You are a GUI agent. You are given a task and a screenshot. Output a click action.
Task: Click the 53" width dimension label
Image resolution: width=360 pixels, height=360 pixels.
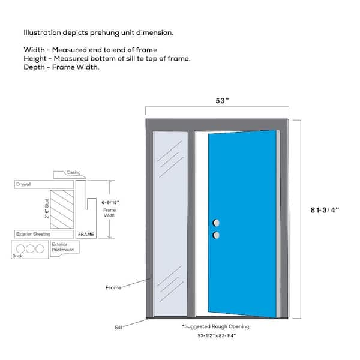[x=222, y=101]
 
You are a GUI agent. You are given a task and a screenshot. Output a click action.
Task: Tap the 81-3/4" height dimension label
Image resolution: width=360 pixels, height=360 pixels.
[x=325, y=210]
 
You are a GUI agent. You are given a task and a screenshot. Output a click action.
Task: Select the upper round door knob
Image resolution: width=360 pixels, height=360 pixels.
[x=216, y=223]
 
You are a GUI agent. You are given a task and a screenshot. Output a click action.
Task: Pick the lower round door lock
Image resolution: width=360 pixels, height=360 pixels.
[x=216, y=235]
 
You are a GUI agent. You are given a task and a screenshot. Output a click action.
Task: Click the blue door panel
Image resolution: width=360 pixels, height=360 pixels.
[x=242, y=224]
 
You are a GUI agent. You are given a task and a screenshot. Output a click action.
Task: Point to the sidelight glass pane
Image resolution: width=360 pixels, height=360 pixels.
[x=170, y=224]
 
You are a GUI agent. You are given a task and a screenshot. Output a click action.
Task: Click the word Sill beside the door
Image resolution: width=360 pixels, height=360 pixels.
[x=118, y=328]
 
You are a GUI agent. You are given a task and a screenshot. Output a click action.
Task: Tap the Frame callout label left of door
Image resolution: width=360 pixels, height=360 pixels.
[x=113, y=287]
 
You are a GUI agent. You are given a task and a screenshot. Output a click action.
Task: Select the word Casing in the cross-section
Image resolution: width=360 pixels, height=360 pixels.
[x=73, y=172]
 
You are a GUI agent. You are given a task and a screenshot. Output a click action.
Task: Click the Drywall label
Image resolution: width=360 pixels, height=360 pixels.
[x=23, y=184]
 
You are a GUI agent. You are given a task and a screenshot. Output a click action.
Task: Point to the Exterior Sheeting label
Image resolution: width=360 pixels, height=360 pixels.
[x=33, y=234]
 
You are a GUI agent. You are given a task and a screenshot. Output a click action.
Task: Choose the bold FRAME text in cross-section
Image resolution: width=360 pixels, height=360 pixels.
[x=86, y=235]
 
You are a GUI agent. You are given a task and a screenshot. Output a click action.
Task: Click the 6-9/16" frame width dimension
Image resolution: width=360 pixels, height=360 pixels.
[x=110, y=203]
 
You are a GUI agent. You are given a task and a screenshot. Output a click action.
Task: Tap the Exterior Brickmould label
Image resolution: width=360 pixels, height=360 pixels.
[x=62, y=247]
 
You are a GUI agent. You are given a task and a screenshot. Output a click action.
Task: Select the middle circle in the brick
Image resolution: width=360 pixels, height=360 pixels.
[x=30, y=248]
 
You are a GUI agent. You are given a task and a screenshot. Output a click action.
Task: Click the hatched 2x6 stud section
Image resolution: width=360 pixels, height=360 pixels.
[x=62, y=209]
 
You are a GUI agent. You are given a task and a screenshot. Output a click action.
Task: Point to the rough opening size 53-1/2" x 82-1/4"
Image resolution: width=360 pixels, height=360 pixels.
[x=217, y=335]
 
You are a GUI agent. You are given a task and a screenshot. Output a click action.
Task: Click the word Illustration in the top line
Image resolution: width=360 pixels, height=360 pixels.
[x=42, y=32]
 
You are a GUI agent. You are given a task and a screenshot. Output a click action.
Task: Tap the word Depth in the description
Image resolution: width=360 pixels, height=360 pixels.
[x=34, y=67]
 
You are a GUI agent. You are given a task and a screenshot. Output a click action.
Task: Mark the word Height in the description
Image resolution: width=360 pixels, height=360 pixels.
[x=35, y=59]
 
